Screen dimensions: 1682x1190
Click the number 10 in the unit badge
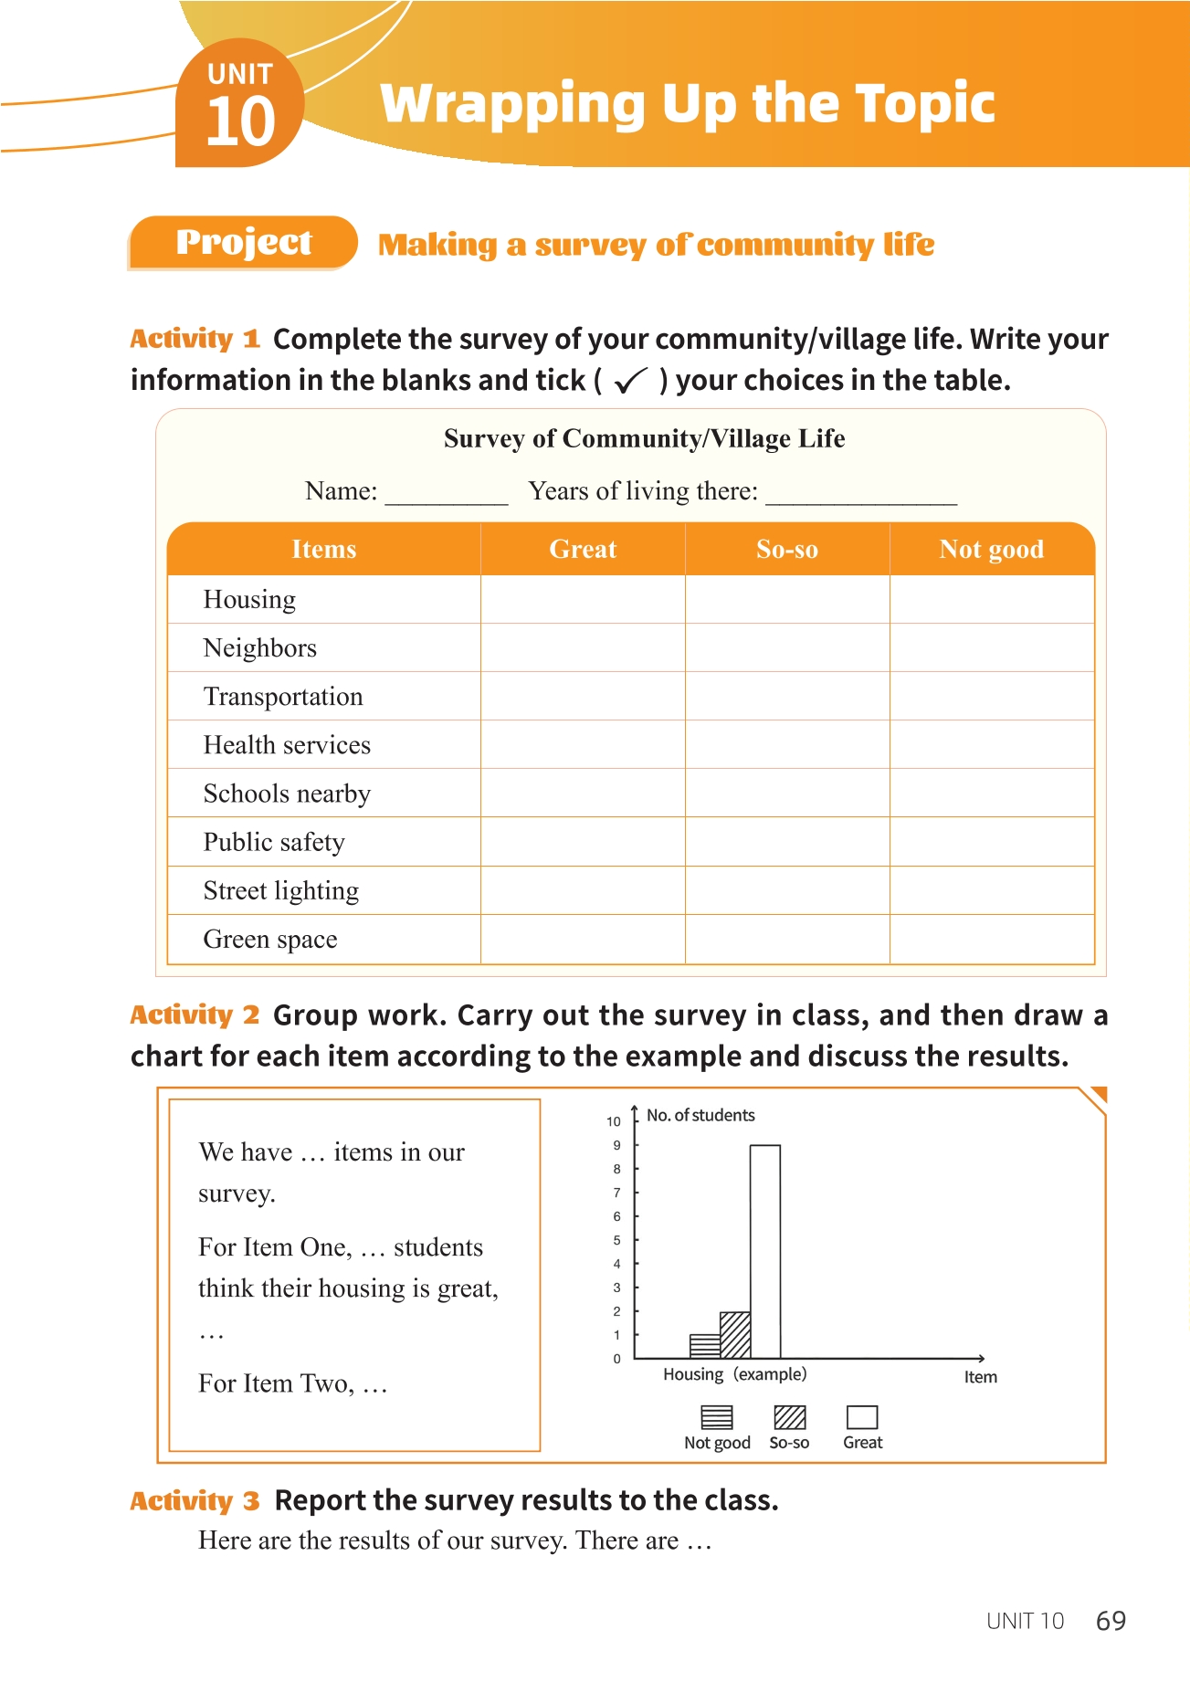[240, 122]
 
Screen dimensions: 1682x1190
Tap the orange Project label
[243, 242]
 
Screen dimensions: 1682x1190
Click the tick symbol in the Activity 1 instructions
[631, 380]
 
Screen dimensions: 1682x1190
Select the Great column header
[583, 549]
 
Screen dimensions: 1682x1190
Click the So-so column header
[787, 549]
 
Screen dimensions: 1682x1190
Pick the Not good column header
[991, 549]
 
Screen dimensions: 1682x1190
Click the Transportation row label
[283, 697]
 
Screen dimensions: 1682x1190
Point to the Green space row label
[270, 940]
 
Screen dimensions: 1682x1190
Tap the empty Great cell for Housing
[583, 600]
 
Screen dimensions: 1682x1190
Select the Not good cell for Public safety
[992, 842]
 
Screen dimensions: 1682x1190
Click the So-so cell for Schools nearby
[787, 794]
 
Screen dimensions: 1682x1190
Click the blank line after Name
[447, 494]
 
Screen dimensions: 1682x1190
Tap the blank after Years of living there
[861, 494]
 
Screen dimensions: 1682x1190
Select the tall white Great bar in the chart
[765, 1251]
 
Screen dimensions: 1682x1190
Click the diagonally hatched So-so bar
[735, 1335]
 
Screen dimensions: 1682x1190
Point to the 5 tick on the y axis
[617, 1240]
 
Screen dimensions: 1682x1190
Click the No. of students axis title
[700, 1115]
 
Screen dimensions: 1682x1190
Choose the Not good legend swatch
[717, 1417]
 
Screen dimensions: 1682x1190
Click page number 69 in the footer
[1111, 1621]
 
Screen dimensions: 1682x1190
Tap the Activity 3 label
[195, 1501]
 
